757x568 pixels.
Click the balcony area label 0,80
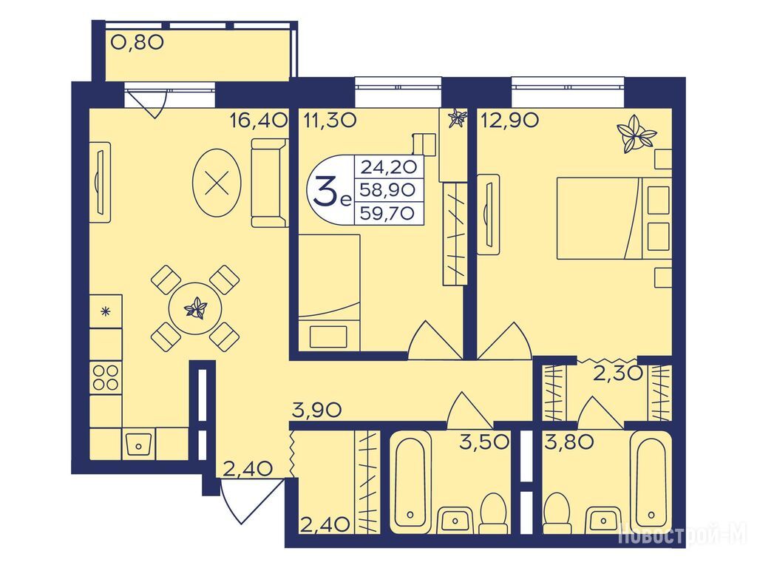point(138,42)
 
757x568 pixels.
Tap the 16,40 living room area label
point(258,120)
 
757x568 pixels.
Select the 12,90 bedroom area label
point(509,120)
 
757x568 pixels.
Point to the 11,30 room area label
point(330,120)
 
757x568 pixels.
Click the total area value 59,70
point(388,213)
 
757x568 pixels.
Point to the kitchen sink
point(138,444)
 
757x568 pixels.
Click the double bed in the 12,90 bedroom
point(614,218)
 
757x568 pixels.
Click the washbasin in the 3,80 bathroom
point(603,520)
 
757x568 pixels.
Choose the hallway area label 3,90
point(316,410)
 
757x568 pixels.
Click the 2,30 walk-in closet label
point(617,373)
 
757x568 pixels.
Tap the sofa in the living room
point(270,183)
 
